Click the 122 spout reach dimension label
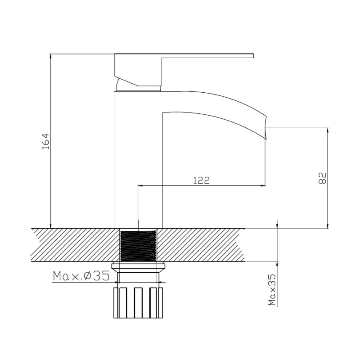(201, 180)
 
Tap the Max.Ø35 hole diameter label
(81, 276)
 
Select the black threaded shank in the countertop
(138, 245)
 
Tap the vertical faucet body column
(138, 157)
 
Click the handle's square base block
(137, 70)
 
